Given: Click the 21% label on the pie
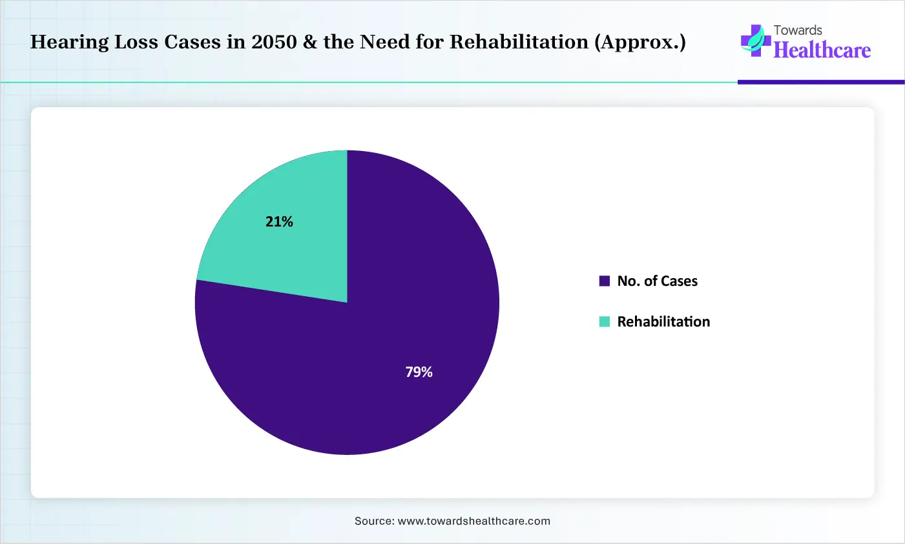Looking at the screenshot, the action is (279, 221).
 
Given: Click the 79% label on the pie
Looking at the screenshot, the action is (419, 372).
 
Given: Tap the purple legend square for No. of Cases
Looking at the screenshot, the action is (605, 281).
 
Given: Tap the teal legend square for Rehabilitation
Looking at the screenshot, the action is (605, 321).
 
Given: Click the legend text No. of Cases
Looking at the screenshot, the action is (658, 281).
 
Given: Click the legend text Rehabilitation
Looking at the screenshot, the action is (663, 321).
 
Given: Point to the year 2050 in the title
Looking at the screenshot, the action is (274, 42).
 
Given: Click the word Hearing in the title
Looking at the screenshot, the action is (70, 43).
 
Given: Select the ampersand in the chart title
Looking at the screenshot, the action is (310, 42).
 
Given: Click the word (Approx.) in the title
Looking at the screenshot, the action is (640, 43).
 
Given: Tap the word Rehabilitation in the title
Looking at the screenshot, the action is (519, 42).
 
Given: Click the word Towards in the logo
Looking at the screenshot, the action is (798, 30).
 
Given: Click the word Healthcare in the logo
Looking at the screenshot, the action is (822, 50).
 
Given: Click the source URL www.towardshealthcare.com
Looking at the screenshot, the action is (474, 521).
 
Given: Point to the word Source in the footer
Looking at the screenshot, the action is (374, 521).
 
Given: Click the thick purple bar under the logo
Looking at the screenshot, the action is (821, 83).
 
